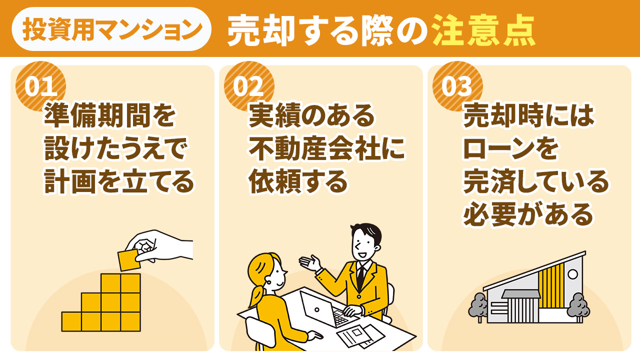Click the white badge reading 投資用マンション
point(111,29)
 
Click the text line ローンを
point(510,149)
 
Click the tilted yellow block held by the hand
point(129,260)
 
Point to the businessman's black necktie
point(360,278)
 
